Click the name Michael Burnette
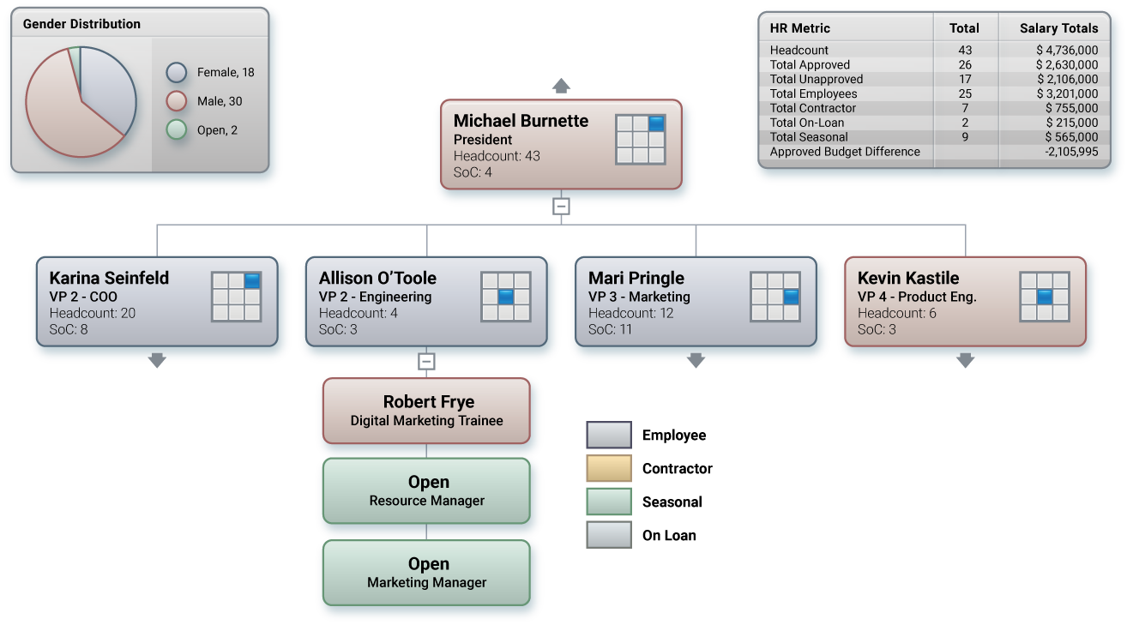pyautogui.click(x=521, y=121)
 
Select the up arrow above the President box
pyautogui.click(x=561, y=85)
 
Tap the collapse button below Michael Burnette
pyautogui.click(x=561, y=207)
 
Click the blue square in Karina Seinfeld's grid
pyautogui.click(x=252, y=280)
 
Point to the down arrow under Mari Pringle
pyautogui.click(x=696, y=361)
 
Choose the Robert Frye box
pyautogui.click(x=426, y=411)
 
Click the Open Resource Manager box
pyautogui.click(x=426, y=490)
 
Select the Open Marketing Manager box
pyautogui.click(x=426, y=572)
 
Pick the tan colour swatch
pyautogui.click(x=609, y=468)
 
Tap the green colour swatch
pyautogui.click(x=609, y=502)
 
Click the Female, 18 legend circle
pyautogui.click(x=177, y=73)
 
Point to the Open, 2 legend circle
pyautogui.click(x=177, y=130)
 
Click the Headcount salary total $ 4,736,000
pyautogui.click(x=1066, y=51)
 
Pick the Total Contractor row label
pyautogui.click(x=812, y=108)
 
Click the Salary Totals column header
pyautogui.click(x=1058, y=28)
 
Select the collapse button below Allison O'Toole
pyautogui.click(x=426, y=361)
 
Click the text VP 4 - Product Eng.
pyautogui.click(x=917, y=297)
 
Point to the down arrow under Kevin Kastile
pyautogui.click(x=966, y=361)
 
